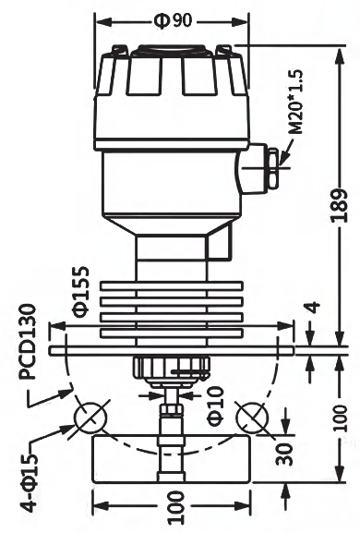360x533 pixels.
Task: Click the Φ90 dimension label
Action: click(x=173, y=21)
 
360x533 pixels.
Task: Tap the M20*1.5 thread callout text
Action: click(x=295, y=102)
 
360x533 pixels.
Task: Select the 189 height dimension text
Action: click(x=340, y=206)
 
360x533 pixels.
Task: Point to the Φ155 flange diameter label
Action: click(x=81, y=292)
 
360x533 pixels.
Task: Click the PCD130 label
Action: click(x=27, y=342)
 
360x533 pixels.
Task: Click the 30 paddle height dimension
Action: click(x=284, y=454)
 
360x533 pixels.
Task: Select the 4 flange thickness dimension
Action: click(x=314, y=307)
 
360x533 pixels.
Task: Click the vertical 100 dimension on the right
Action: click(x=340, y=418)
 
